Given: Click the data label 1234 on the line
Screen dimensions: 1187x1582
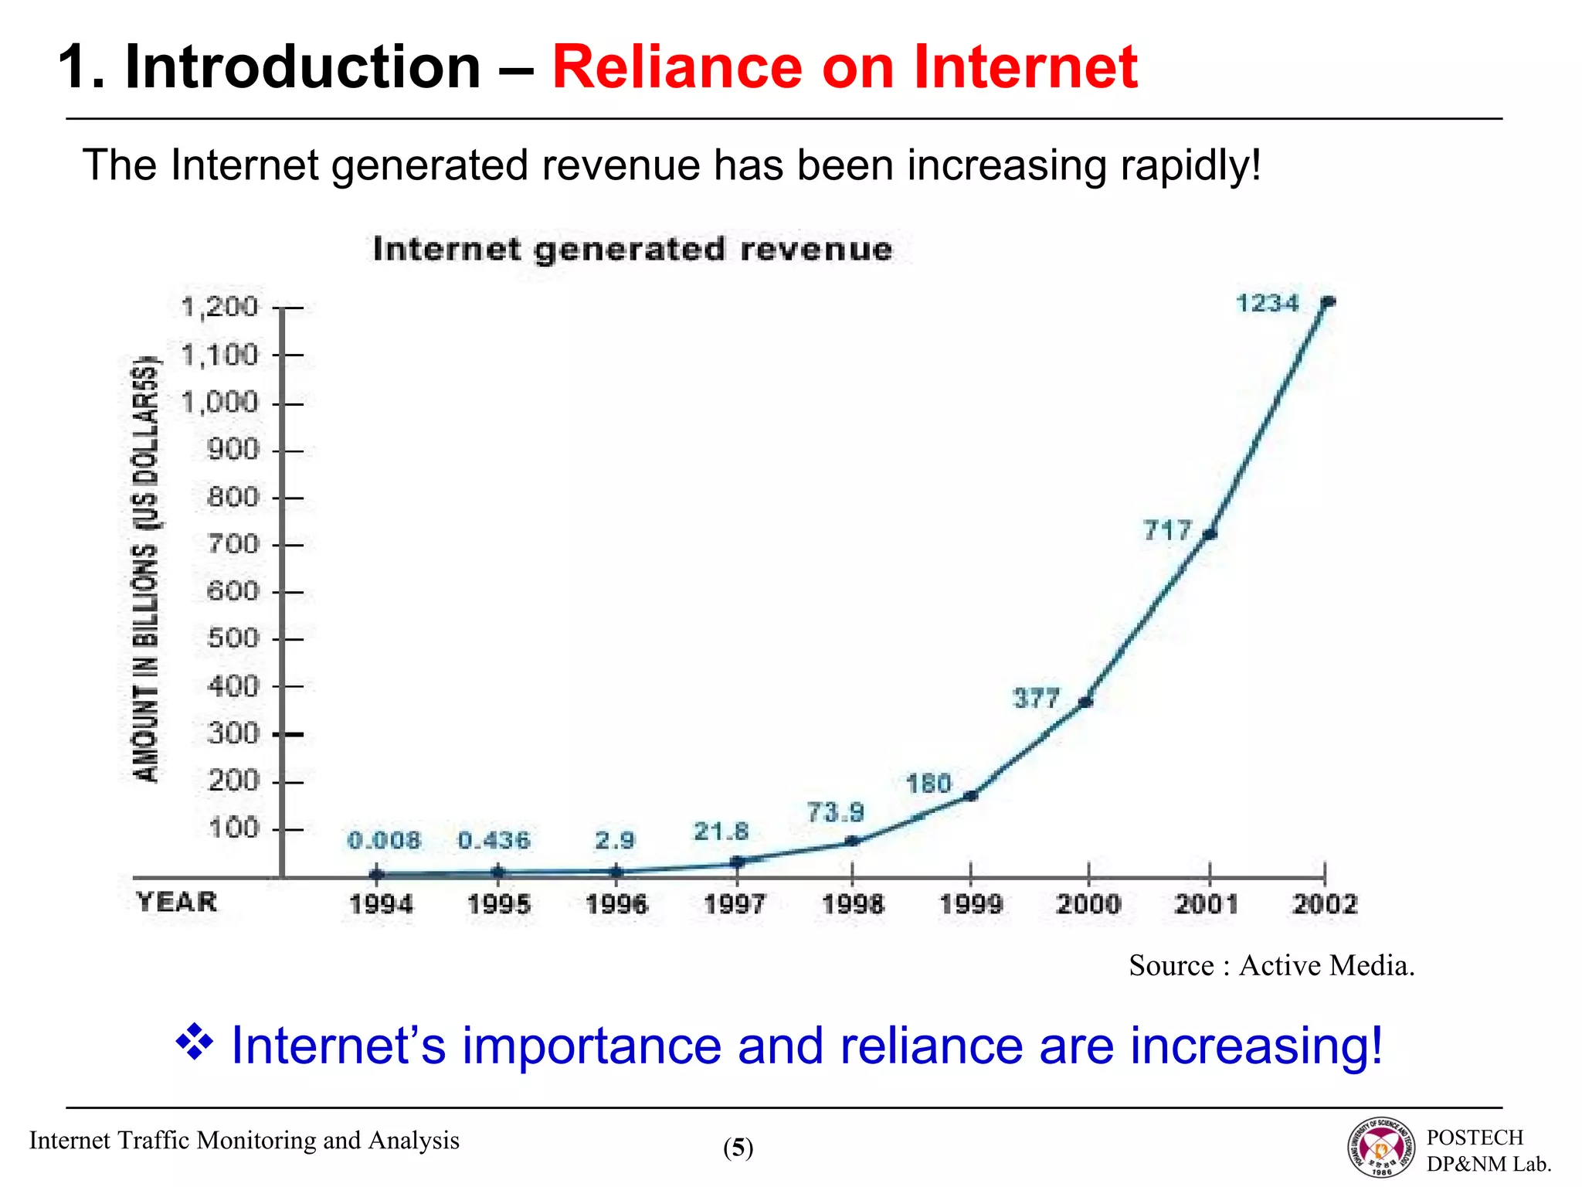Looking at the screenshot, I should (x=1268, y=303).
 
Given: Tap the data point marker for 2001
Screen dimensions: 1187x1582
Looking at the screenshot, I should (x=1210, y=534).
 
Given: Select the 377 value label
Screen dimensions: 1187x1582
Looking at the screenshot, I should (x=1036, y=699).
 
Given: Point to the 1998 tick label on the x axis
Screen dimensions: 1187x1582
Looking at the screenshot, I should (x=852, y=903).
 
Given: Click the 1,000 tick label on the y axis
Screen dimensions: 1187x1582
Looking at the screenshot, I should (x=219, y=403).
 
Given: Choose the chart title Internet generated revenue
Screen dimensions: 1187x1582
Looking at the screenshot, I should (x=632, y=250).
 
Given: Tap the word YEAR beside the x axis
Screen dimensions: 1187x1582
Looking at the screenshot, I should (x=177, y=902).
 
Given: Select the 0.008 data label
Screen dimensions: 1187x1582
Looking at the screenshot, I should (x=384, y=840).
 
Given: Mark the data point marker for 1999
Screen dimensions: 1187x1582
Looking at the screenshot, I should (x=971, y=795).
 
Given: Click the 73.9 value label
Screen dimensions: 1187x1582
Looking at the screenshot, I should (x=835, y=813).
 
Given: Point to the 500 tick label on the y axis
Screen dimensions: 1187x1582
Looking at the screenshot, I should (x=233, y=638).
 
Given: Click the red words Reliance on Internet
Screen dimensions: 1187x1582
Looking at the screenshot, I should (x=844, y=67).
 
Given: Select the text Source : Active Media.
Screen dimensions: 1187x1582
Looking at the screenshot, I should (x=1271, y=965).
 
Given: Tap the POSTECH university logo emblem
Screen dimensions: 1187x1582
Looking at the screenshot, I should (x=1382, y=1148).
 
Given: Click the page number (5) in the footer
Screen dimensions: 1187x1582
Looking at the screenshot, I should (x=738, y=1148).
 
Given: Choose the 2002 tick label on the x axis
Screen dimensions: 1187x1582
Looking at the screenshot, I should (x=1324, y=903).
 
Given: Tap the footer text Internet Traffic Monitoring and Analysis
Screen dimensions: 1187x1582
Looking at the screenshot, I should (x=244, y=1141).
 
